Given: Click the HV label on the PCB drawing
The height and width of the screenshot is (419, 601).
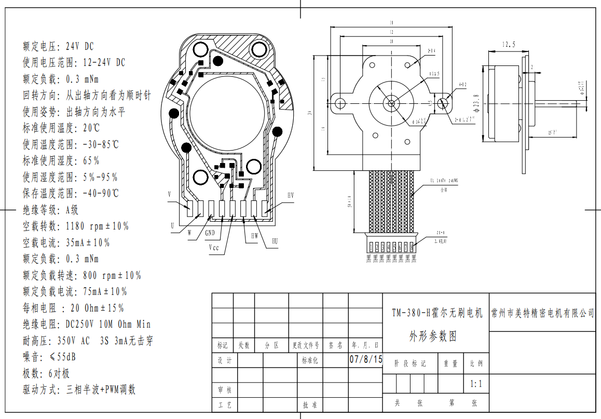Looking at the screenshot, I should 291,195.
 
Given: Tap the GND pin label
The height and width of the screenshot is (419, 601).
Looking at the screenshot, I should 210,233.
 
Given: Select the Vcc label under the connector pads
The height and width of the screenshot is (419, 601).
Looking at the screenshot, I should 214,248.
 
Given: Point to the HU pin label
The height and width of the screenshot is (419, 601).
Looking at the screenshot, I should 275,241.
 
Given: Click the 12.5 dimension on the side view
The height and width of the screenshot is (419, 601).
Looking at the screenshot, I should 508,45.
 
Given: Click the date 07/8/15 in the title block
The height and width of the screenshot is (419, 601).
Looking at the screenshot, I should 365,359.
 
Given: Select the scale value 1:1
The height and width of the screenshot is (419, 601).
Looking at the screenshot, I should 476,385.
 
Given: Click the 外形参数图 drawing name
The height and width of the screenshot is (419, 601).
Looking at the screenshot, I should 433,336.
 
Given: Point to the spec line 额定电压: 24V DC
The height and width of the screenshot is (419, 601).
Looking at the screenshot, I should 58,46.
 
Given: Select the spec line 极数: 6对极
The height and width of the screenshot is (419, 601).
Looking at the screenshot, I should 46,373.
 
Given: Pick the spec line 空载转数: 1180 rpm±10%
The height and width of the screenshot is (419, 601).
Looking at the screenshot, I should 76,226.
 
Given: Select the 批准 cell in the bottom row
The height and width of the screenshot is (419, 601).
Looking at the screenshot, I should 309,404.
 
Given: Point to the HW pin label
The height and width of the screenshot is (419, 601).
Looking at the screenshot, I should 254,235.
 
